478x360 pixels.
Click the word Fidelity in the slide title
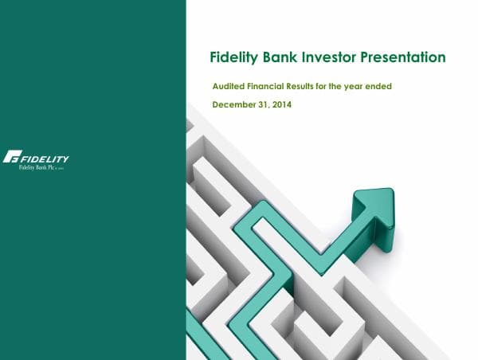pyautogui.click(x=234, y=57)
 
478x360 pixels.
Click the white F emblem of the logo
pyautogui.click(x=13, y=156)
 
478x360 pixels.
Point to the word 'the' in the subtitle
pyautogui.click(x=347, y=85)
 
